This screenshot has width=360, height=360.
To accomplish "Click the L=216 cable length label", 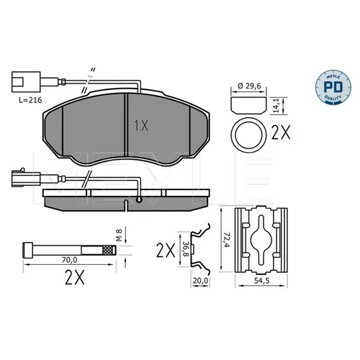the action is [x=30, y=100].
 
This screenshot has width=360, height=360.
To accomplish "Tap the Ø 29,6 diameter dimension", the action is [x=249, y=86].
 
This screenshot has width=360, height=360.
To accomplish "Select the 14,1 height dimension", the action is [x=276, y=106].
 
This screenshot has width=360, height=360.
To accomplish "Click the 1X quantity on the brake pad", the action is [x=141, y=125].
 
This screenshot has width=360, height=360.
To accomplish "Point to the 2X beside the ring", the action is [x=281, y=132].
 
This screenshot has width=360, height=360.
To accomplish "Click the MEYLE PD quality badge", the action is [x=333, y=87].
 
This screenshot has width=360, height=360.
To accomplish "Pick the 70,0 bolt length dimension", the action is [x=70, y=260].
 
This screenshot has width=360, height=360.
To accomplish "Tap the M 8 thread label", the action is [x=120, y=235].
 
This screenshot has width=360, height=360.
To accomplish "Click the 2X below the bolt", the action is [x=75, y=277].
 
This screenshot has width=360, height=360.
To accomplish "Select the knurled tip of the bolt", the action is [x=109, y=251].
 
